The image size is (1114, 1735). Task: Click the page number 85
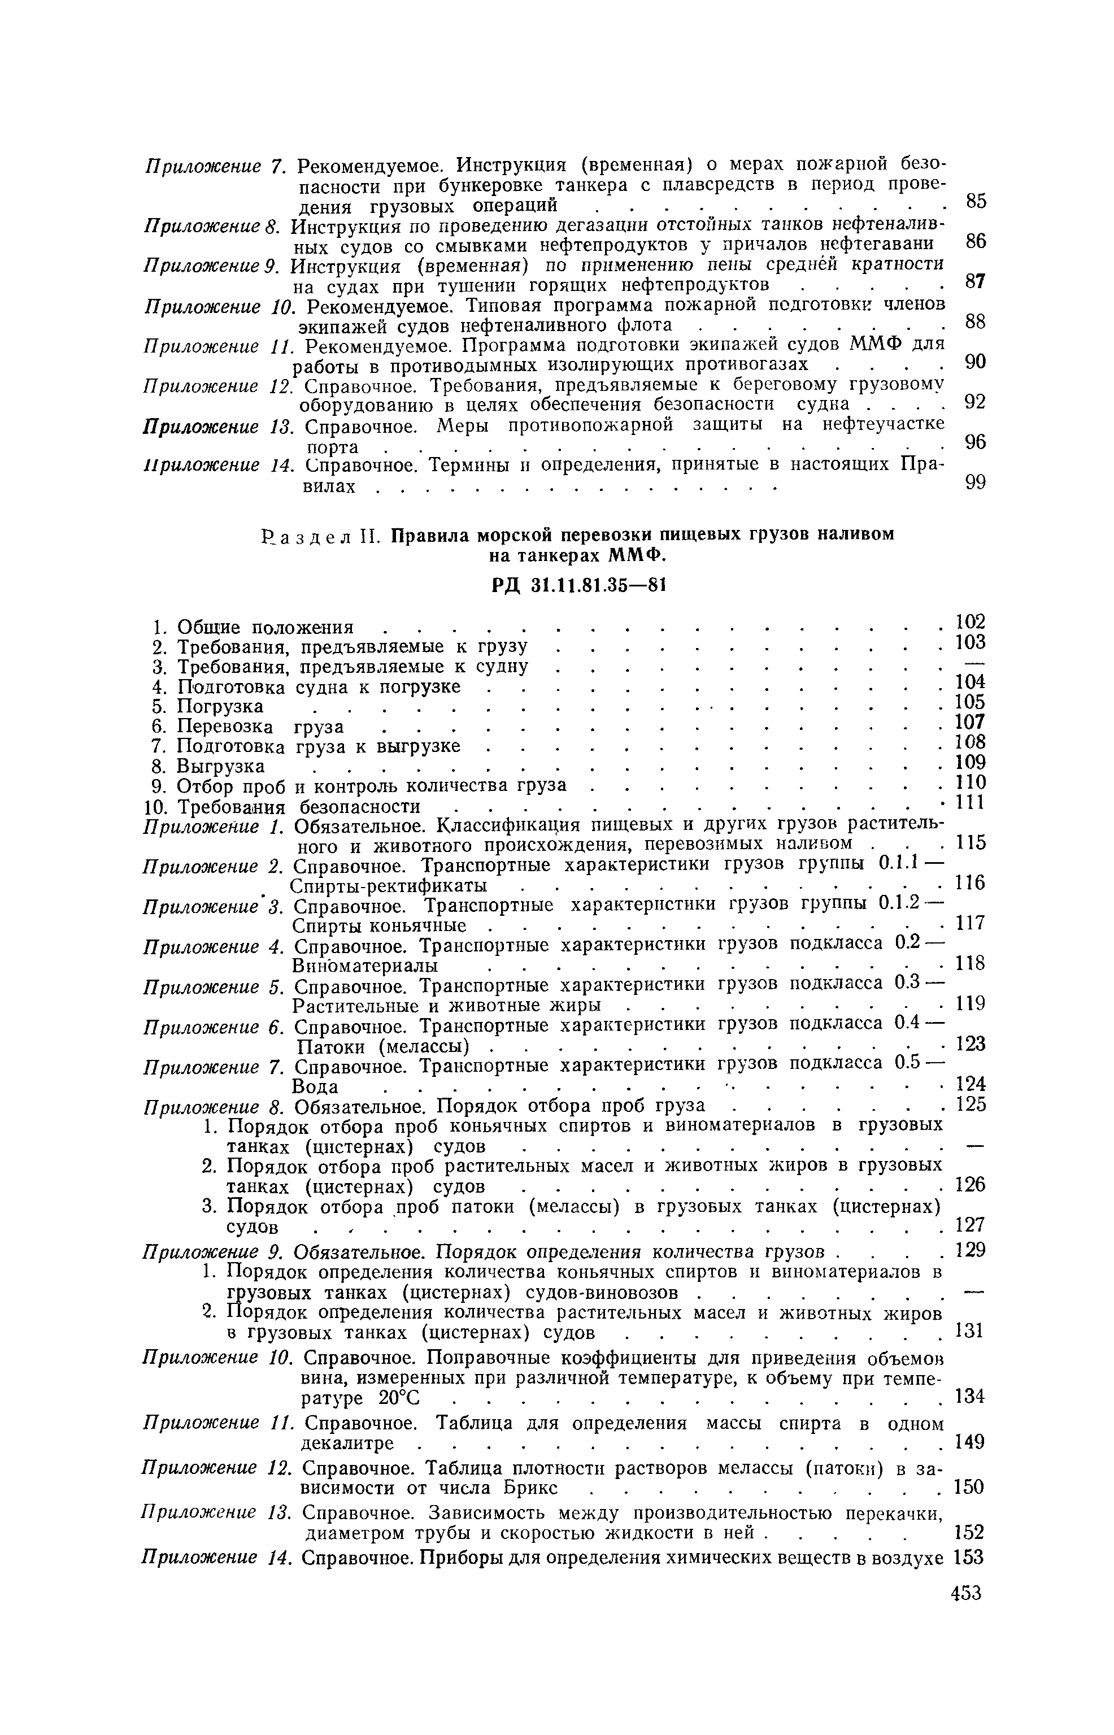point(976,201)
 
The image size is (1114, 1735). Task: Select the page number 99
point(976,482)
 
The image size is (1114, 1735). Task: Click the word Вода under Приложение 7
point(315,1087)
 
